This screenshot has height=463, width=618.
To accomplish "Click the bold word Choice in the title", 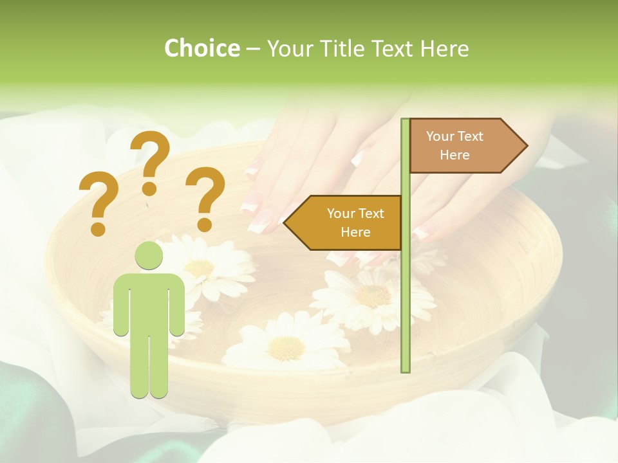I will tap(201, 48).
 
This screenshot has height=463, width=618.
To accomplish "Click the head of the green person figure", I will tap(149, 256).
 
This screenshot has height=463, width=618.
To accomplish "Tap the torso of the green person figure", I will tap(149, 302).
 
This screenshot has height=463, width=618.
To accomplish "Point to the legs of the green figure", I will tap(149, 367).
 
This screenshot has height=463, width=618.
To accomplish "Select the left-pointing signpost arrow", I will tap(344, 222).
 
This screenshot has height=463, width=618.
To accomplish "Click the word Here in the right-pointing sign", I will tap(454, 155).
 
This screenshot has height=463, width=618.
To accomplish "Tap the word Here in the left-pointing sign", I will tap(355, 232).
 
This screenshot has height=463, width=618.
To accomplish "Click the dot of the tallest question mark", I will tap(150, 188).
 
